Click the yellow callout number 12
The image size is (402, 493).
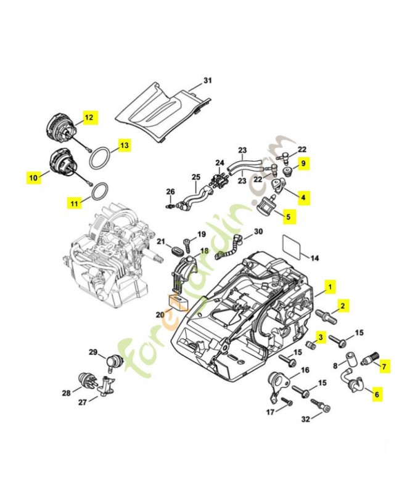tap(89, 117)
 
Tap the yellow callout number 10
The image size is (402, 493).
tap(33, 177)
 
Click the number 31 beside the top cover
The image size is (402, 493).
tap(207, 81)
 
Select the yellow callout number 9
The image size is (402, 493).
tap(303, 164)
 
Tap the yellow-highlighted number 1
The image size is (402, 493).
tap(330, 287)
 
